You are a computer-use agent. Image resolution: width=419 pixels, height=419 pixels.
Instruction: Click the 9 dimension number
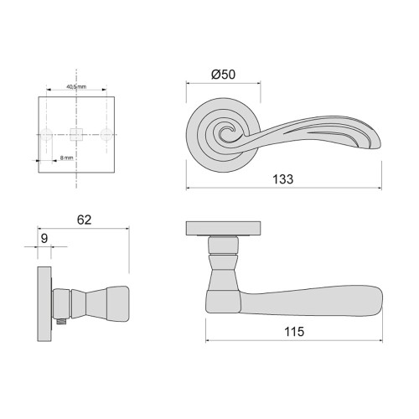click(44, 238)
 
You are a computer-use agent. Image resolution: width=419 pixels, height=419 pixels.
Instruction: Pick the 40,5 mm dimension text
click(75, 87)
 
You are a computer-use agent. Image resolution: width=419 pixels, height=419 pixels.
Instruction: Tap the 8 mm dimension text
click(66, 157)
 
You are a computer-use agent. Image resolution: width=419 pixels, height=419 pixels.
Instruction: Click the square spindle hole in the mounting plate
click(77, 132)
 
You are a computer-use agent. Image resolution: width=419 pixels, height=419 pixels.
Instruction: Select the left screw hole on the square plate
click(49, 132)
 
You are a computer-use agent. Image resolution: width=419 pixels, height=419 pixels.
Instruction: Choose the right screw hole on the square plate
click(106, 132)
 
